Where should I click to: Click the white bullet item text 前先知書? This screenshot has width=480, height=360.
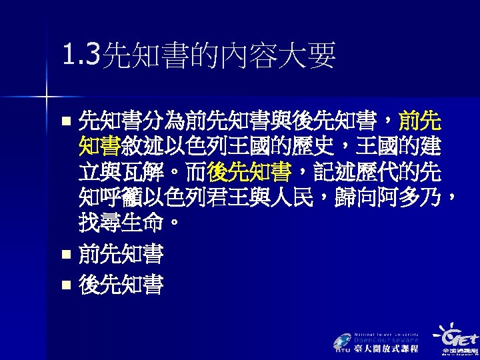coord(121,254)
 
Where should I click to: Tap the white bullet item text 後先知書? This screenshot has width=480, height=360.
coord(121,285)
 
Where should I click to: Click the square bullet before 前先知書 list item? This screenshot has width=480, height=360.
coord(65,255)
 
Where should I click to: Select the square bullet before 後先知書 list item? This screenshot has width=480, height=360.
coord(65,285)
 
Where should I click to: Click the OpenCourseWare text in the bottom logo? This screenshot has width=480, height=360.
coord(386,340)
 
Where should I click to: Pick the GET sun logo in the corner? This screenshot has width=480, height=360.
coord(453,336)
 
